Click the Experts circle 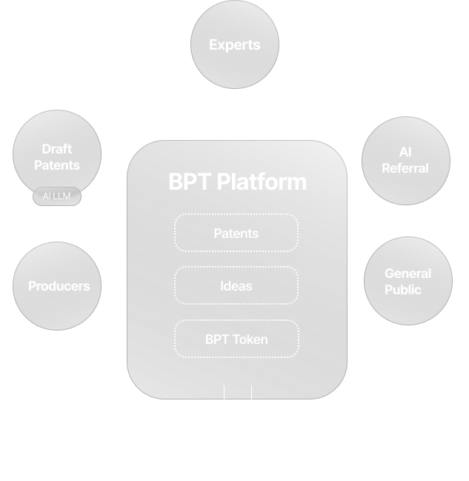pyautogui.click(x=235, y=46)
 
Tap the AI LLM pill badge pyautogui.click(x=57, y=197)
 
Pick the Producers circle pyautogui.click(x=58, y=286)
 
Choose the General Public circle pyautogui.click(x=408, y=282)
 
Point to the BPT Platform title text pyautogui.click(x=237, y=182)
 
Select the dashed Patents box pyautogui.click(x=236, y=233)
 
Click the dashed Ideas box pyautogui.click(x=236, y=286)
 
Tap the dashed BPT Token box pyautogui.click(x=236, y=339)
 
